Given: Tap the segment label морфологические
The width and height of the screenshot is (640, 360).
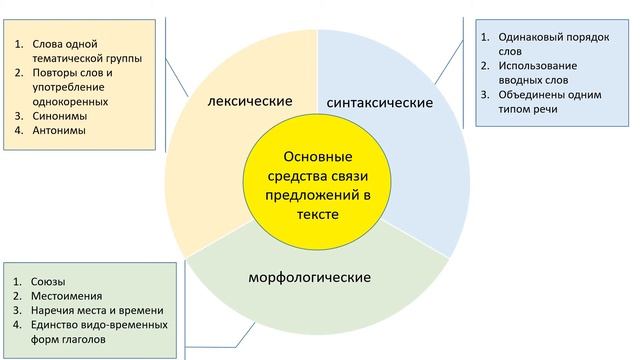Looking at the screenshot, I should (x=310, y=275).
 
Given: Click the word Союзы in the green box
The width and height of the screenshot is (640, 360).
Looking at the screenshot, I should (x=49, y=281).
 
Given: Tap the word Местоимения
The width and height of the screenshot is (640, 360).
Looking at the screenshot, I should (x=68, y=296).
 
